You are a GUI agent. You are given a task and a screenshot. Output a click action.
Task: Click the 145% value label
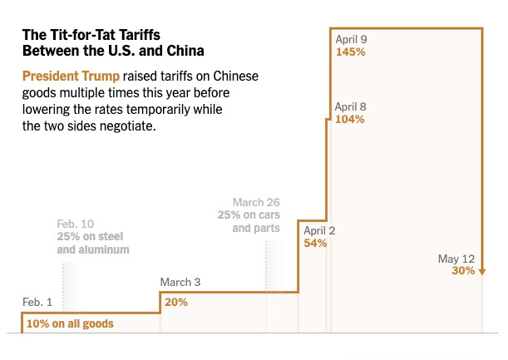click(x=350, y=52)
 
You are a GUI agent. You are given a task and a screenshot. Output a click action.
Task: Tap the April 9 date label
click(x=352, y=38)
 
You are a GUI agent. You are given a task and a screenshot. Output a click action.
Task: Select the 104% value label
click(x=350, y=119)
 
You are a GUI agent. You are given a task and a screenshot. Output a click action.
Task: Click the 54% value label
click(x=315, y=243)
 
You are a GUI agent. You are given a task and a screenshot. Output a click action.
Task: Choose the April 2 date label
click(x=319, y=230)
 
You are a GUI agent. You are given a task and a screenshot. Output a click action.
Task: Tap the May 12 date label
click(x=456, y=258)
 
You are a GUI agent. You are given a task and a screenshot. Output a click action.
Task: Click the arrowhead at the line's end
click(x=482, y=270)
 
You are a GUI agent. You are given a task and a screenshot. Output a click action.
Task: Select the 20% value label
click(x=176, y=302)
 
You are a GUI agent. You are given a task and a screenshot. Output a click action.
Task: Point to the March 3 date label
click(x=180, y=282)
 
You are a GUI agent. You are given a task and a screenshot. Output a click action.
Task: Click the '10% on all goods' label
click(x=70, y=323)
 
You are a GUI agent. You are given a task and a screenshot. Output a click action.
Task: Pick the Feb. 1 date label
click(x=37, y=301)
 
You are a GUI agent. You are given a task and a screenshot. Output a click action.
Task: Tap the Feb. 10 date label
click(x=76, y=224)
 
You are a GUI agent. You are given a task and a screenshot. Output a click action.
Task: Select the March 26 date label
click(x=256, y=202)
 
